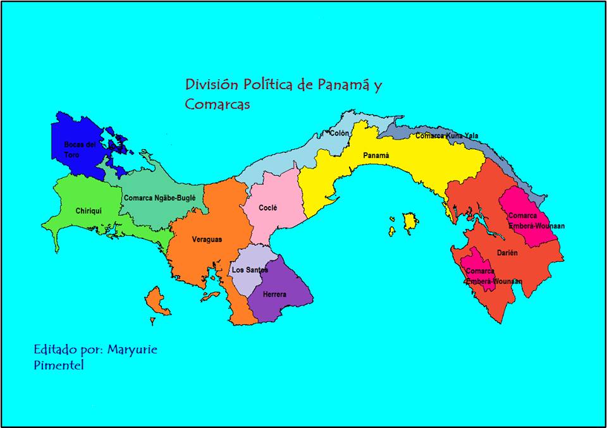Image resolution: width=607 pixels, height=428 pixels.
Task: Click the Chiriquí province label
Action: pyautogui.click(x=89, y=211)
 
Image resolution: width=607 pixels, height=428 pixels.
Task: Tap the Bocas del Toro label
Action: pyautogui.click(x=80, y=149)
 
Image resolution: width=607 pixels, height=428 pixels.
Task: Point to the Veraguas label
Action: pyautogui.click(x=207, y=240)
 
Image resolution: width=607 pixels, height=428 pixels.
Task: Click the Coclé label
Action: pyautogui.click(x=268, y=207)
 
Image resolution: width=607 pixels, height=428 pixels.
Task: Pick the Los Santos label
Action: pyautogui.click(x=250, y=270)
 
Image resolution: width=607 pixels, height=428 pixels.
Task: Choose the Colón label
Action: pyautogui.click(x=340, y=133)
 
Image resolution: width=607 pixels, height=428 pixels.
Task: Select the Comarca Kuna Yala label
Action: pyautogui.click(x=447, y=135)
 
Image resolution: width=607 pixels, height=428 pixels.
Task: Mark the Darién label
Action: pyautogui.click(x=507, y=253)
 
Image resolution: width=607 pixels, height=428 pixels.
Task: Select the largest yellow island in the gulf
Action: pyautogui.click(x=410, y=221)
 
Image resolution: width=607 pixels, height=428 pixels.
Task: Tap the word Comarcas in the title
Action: pyautogui.click(x=218, y=104)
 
